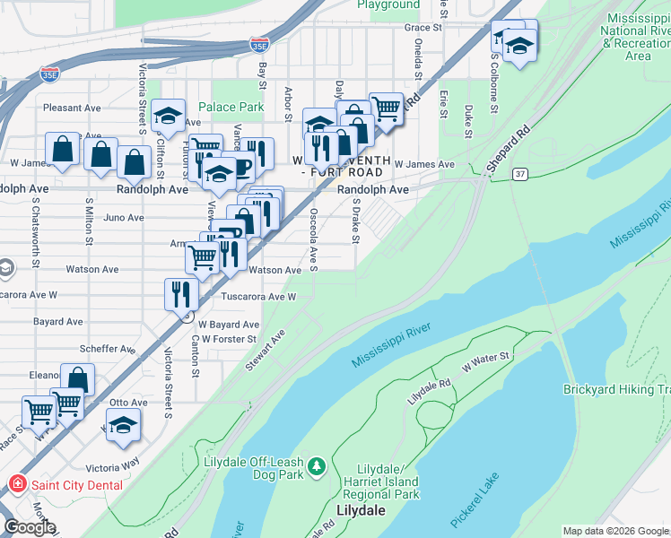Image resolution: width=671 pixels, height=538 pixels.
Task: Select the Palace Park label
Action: [x=231, y=107]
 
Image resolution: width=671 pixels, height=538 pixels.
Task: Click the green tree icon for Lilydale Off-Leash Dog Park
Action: [x=316, y=466]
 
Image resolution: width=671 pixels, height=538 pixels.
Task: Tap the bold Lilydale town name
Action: [x=360, y=510]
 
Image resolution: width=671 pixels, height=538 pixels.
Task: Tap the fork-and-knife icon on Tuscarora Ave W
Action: [x=181, y=292]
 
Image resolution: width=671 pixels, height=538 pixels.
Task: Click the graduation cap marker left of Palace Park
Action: [x=168, y=115]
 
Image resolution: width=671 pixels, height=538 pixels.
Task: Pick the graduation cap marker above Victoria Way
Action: [x=123, y=425]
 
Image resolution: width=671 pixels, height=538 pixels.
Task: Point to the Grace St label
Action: [x=424, y=29]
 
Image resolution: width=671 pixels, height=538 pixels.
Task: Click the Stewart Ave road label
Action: [x=266, y=351]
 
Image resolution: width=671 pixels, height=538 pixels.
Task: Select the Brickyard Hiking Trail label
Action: [x=616, y=389]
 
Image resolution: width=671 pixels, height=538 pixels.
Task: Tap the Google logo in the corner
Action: [x=30, y=526]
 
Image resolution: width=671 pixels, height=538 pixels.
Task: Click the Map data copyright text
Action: [x=615, y=531]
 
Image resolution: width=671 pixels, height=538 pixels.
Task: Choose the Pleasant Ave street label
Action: [x=71, y=108]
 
